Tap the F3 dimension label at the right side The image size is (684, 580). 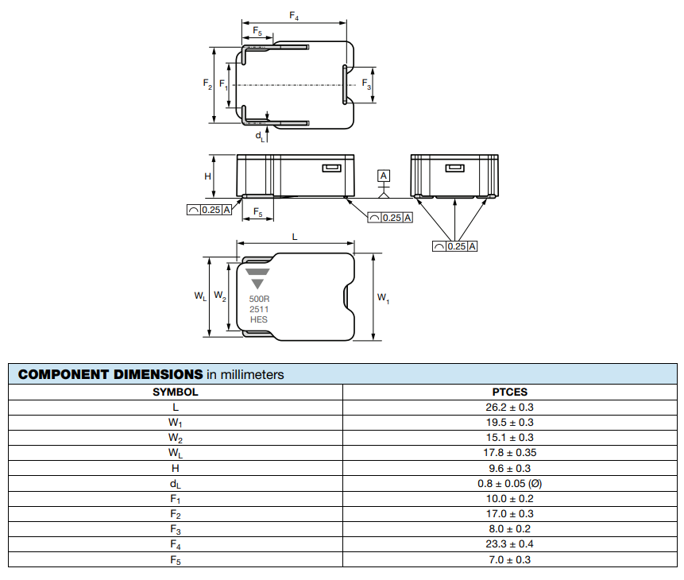(366, 84)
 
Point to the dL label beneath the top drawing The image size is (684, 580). (260, 137)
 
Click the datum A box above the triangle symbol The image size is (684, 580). (384, 176)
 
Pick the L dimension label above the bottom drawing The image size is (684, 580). (295, 237)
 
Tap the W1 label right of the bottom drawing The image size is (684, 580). (384, 299)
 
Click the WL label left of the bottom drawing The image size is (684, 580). (200, 296)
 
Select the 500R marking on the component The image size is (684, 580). (259, 300)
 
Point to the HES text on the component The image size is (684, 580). (259, 319)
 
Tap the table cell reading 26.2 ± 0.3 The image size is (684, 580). (510, 407)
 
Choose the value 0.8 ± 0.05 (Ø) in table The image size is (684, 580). (510, 483)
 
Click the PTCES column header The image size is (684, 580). (510, 392)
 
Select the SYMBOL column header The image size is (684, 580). (176, 392)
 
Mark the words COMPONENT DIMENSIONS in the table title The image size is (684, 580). (110, 374)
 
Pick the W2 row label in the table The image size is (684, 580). (176, 438)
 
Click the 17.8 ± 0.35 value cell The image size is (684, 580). (510, 453)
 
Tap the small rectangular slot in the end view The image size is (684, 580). (454, 168)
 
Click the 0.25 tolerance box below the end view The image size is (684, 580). (455, 246)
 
